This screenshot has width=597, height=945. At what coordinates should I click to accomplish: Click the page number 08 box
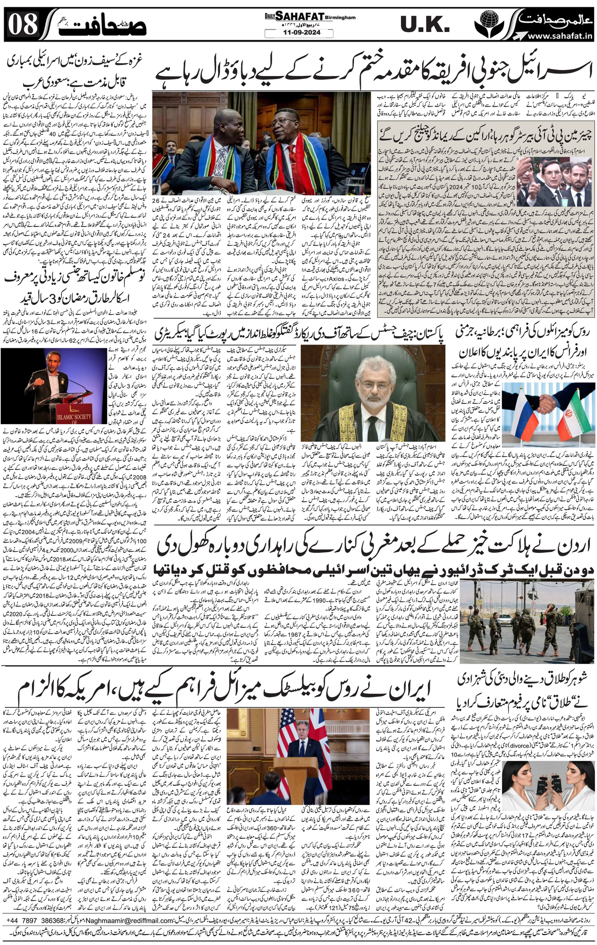click(x=23, y=24)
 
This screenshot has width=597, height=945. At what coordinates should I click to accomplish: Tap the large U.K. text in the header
click(x=425, y=25)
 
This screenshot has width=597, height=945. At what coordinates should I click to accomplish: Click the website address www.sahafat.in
click(x=559, y=36)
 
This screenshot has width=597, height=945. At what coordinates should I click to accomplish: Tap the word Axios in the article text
click(x=341, y=279)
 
